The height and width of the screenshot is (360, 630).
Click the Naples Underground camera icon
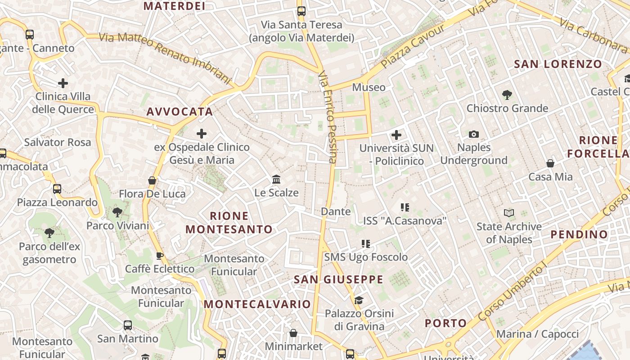(473, 134)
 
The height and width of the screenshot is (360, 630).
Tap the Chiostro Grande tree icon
(507, 95)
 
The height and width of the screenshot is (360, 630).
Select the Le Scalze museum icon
(276, 180)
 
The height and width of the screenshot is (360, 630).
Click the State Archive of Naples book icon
(509, 213)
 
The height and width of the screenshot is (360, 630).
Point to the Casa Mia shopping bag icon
(550, 163)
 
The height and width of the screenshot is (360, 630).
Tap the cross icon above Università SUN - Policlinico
(396, 135)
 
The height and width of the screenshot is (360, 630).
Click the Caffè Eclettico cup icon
(159, 256)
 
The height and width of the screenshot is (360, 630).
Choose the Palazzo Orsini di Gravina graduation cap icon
(359, 300)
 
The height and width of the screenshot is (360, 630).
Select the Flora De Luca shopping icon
(152, 180)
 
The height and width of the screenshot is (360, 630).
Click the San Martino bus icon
(128, 325)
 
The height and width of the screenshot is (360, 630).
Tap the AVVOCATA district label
(180, 112)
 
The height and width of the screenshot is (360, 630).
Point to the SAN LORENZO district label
(558, 64)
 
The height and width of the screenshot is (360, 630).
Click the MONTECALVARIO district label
(257, 304)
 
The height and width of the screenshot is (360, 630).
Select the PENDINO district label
(579, 234)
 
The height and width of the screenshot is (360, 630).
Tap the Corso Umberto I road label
(512, 291)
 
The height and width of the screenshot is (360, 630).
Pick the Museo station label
(369, 87)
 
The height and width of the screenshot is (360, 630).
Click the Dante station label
(336, 211)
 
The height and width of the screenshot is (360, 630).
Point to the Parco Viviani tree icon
(117, 212)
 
